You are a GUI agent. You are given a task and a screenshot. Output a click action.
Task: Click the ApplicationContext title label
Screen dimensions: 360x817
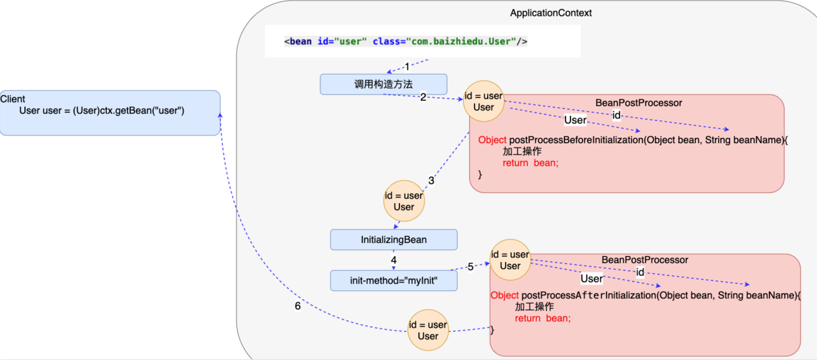coord(551,13)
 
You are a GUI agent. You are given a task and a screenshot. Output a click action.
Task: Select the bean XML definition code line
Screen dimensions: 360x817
coord(405,41)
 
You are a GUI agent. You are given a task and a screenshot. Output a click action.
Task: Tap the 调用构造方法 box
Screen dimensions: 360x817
coord(383,84)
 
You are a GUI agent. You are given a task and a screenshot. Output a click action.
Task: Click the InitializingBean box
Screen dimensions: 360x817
coord(394,240)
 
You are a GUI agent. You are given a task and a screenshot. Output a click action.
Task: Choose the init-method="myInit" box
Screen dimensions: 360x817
coord(394,281)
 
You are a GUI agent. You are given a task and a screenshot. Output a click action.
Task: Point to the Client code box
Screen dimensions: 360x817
coord(110,113)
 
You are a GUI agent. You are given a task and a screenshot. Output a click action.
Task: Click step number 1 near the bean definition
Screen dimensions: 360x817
coord(407,66)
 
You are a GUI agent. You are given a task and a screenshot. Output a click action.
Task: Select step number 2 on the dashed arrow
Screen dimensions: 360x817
coord(423,97)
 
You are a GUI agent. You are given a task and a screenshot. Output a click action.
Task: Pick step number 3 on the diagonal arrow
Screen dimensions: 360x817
coord(431,180)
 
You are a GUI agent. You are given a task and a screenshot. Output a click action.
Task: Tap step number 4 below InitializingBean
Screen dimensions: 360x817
coord(394,260)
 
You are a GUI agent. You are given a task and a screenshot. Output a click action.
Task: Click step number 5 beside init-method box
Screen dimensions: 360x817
coord(471,267)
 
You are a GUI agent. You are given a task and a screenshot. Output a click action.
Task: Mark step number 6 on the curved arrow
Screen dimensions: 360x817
coord(298,306)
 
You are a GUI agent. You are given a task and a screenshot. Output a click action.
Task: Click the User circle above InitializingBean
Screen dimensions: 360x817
coord(404,201)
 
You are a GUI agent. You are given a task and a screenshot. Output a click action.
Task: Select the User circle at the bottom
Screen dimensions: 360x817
coord(428,331)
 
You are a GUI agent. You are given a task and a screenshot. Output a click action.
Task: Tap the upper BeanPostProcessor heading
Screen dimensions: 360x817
coord(639,103)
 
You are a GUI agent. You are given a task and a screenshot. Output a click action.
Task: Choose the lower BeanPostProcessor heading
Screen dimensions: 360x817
coord(645,260)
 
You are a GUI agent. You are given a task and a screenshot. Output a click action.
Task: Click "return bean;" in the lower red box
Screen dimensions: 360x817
coord(543,318)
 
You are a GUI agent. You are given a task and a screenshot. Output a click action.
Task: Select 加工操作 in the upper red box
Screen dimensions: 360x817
coord(522,151)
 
